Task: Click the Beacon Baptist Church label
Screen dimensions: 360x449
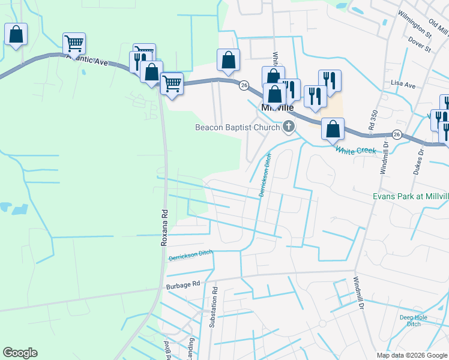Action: (238, 127)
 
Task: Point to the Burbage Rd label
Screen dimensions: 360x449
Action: (182, 287)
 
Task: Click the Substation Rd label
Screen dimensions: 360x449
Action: (213, 307)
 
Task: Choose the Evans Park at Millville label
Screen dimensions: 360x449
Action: (411, 196)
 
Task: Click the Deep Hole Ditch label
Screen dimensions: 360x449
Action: (414, 320)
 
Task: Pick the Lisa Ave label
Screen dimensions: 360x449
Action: (403, 85)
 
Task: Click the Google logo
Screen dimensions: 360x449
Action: (20, 353)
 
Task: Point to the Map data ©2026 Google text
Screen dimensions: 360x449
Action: (411, 355)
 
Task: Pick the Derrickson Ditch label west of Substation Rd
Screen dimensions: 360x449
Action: (190, 256)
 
